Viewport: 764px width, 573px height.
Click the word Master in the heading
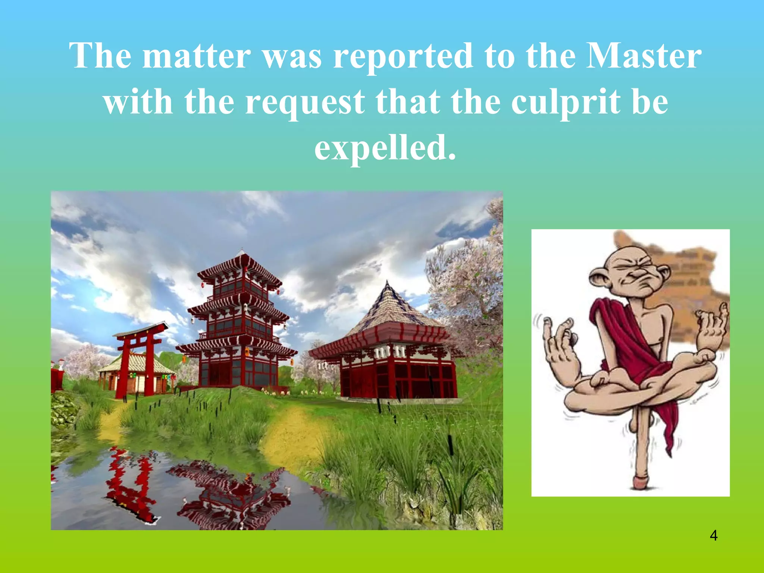(644, 56)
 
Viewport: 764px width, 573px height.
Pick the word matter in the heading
(197, 56)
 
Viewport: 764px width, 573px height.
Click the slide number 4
(714, 536)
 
